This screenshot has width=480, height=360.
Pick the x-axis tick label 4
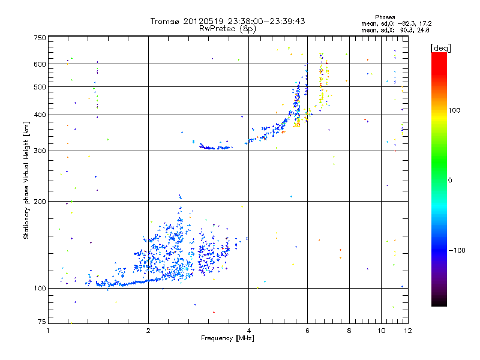pos(248,331)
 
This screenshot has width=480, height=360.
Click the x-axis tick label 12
pos(407,331)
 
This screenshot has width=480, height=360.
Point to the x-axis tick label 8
pos(349,331)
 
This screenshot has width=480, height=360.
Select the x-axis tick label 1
pos(49,331)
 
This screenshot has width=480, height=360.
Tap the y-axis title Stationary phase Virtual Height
pos(26,180)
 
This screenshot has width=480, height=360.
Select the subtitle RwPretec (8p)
pos(227,28)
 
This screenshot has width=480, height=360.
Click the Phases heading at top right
pos(385,17)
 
